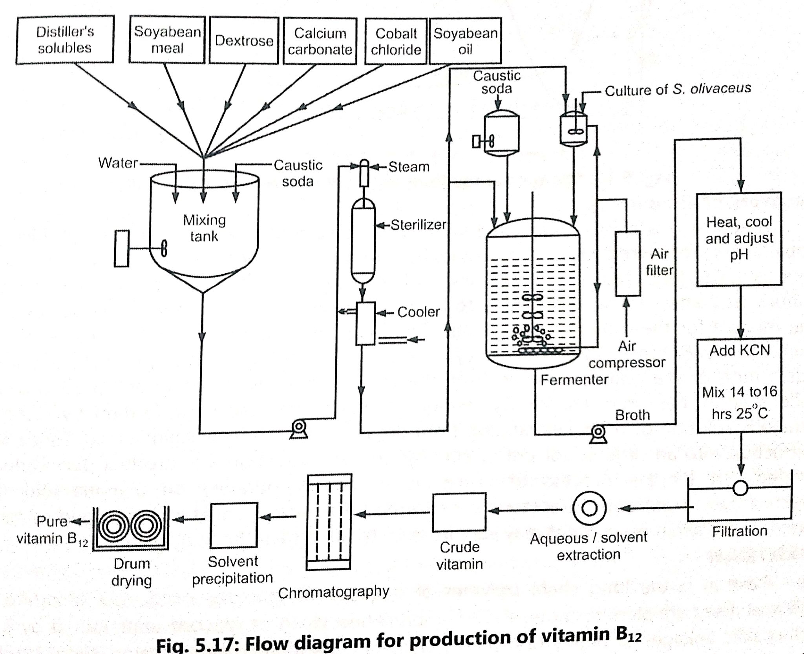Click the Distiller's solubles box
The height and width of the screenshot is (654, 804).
pos(65,40)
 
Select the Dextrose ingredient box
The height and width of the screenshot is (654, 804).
pos(244,40)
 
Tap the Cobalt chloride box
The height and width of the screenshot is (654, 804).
pos(396,42)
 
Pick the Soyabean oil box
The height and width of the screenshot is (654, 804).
pos(465,41)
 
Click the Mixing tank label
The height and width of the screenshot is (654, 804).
pos(204,228)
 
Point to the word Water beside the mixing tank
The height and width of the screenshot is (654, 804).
pos(118,163)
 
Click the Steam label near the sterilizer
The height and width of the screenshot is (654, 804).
pos(409,167)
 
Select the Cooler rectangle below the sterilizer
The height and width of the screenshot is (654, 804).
pos(365,323)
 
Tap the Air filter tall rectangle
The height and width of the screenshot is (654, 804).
pos(627,263)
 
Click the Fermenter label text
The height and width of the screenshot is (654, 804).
pos(574,380)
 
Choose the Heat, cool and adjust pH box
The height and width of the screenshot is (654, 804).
pos(739,239)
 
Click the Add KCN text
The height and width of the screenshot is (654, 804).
pos(739,350)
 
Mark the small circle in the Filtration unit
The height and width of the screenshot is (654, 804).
pos(740,488)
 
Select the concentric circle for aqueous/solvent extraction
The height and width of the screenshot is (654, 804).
pos(589,508)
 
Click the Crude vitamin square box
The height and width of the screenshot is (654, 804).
pos(459,512)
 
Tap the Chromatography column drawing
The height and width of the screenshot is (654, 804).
pos(329,522)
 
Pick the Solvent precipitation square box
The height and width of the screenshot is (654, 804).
pos(234,525)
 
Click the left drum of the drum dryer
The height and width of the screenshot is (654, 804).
pos(113,526)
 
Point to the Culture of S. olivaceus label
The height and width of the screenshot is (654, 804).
pos(677,90)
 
